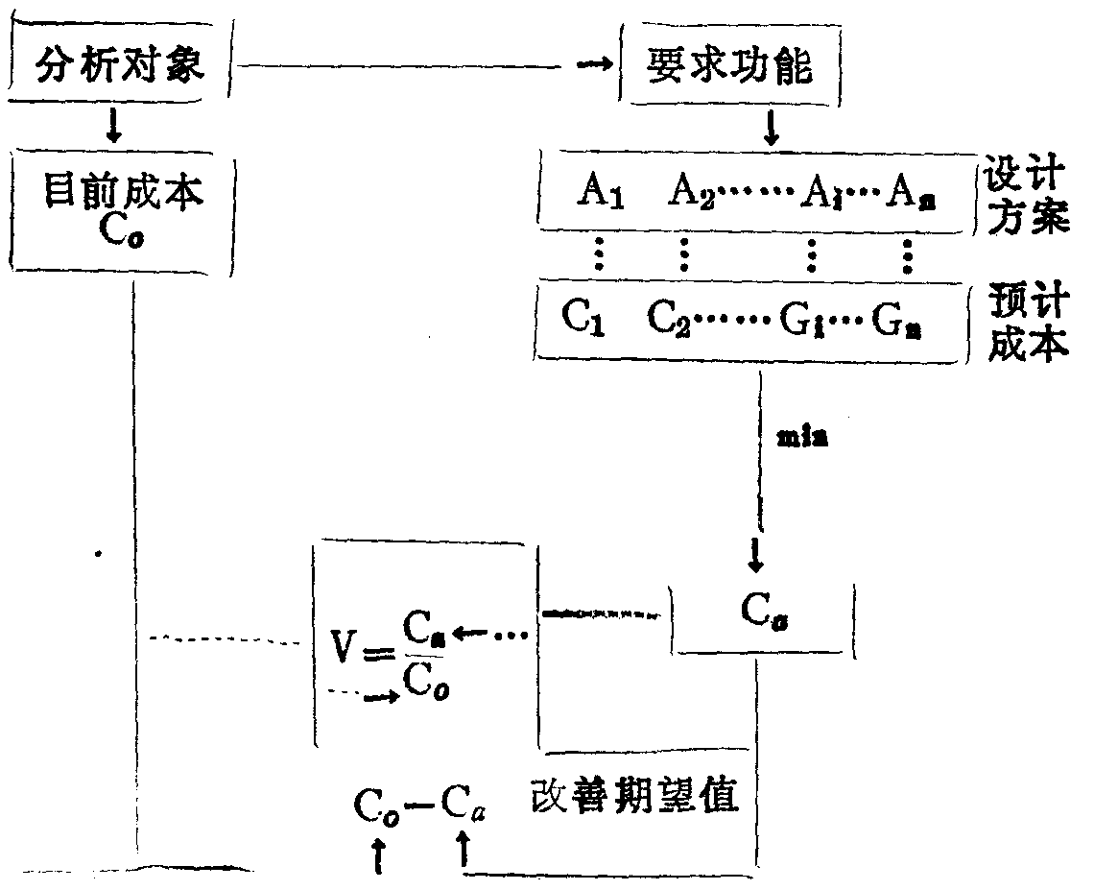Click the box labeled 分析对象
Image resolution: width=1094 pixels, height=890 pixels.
click(119, 68)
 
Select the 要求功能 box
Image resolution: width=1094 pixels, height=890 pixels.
click(729, 68)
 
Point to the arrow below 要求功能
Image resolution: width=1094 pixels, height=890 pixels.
click(771, 127)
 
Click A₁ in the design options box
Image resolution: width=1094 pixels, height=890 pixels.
click(601, 192)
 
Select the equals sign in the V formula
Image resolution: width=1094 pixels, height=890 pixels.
click(381, 655)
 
